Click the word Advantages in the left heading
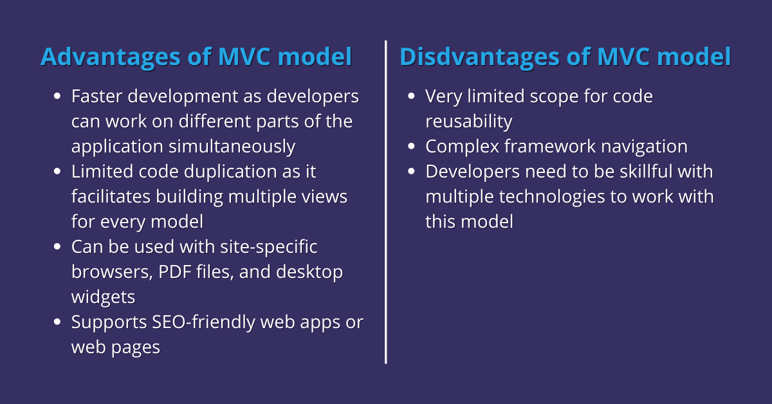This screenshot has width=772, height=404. click(110, 57)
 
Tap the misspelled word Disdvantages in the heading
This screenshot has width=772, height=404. click(480, 57)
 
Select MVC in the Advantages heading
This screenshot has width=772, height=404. click(244, 57)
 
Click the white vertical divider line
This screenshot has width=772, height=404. click(385, 202)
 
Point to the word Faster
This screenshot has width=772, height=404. click(97, 96)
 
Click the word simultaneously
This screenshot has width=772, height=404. click(232, 147)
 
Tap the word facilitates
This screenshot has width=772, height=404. click(111, 196)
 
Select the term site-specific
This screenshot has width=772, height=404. click(268, 248)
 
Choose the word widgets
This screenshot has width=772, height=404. click(103, 297)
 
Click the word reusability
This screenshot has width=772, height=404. click(469, 122)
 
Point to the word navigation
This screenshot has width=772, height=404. click(644, 147)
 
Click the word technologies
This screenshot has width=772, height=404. click(552, 197)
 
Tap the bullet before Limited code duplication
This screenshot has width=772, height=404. click(57, 171)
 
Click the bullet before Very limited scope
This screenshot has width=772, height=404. click(411, 96)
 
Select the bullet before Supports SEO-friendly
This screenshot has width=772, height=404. click(57, 322)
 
